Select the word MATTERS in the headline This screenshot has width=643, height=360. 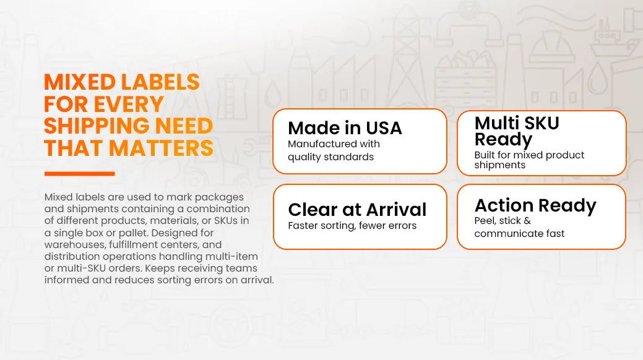point(161,148)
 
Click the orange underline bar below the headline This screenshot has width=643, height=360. point(80,174)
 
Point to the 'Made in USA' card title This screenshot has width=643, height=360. point(345,128)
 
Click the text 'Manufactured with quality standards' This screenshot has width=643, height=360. point(334,150)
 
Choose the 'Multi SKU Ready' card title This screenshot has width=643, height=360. point(517,131)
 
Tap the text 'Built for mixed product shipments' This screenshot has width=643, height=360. point(529,160)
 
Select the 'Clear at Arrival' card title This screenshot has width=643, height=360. point(357,210)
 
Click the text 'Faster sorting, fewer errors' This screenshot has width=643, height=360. point(352,226)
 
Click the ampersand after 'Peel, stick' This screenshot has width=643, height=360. point(527,221)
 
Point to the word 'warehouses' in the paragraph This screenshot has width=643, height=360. point(75,245)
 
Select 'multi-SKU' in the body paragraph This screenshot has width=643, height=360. point(81,268)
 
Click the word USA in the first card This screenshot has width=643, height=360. point(384,128)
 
